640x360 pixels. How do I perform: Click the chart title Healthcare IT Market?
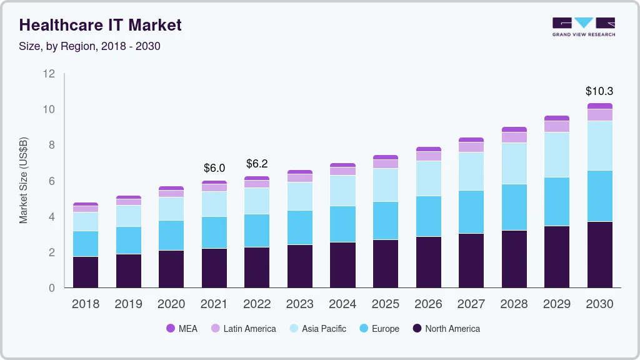click(101, 25)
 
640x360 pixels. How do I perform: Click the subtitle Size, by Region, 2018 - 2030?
click(90, 46)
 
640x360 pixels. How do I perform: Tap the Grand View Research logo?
click(583, 27)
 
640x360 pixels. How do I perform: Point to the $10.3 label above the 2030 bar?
click(599, 91)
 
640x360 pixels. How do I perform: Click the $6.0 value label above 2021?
click(214, 168)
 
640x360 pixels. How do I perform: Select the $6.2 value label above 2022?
click(257, 164)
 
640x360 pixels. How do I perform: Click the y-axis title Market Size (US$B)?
click(23, 180)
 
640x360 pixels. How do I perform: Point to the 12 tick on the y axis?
click(49, 74)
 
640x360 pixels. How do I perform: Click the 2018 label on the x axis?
click(86, 304)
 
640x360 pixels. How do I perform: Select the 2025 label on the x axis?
click(385, 304)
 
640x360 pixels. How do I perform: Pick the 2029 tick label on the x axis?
click(556, 304)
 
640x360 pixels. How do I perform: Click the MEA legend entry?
click(182, 329)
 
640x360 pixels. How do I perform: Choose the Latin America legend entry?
click(243, 329)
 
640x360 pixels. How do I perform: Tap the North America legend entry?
click(446, 329)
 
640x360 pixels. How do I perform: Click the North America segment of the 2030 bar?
click(599, 254)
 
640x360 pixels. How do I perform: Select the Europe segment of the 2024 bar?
click(342, 224)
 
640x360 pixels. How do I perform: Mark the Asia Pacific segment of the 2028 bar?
click(514, 163)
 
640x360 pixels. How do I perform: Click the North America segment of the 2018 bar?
click(86, 272)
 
